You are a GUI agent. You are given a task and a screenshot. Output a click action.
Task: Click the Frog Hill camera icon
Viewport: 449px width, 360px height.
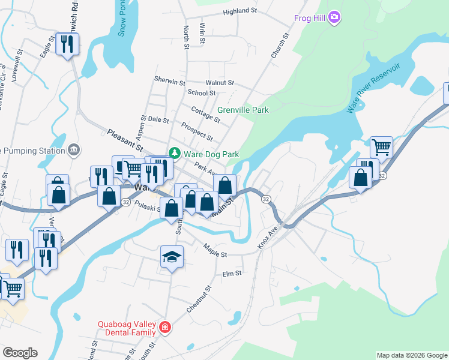pos(334,17)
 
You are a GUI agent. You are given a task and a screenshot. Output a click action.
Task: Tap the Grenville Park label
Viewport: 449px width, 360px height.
pos(243,110)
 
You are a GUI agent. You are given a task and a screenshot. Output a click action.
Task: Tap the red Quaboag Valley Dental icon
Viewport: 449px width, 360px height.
pos(164,328)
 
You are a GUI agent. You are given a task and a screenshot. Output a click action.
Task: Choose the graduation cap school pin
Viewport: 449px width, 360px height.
pos(172,257)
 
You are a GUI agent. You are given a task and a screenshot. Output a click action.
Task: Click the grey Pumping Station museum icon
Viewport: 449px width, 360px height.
pos(74,149)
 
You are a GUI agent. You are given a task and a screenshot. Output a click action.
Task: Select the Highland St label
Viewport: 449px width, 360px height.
pos(240,11)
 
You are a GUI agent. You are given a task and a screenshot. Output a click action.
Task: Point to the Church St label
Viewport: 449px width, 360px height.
pos(280,46)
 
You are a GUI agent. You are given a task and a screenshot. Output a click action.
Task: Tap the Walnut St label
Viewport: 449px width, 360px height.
pos(219,82)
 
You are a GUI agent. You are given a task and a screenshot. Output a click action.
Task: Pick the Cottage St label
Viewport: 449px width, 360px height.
pos(206,112)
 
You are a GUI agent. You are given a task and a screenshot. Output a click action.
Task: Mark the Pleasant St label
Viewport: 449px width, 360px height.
pos(125,139)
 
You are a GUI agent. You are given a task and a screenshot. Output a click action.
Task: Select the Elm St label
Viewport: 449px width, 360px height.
pos(231,273)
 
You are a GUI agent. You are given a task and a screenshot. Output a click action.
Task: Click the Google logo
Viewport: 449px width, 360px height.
pos(20,353)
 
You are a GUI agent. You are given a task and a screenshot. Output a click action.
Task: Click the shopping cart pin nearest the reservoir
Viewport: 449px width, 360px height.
pos(381,146)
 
